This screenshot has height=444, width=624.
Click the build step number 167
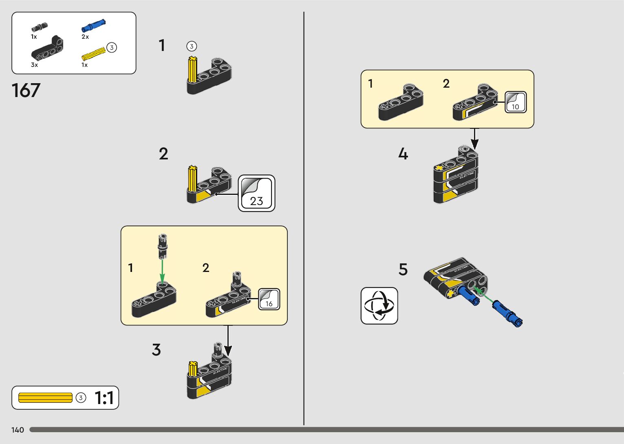coord(26,91)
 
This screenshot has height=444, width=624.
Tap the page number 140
coord(18,430)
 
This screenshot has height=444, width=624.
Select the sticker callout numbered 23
coord(256,193)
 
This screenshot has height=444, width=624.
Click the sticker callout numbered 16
coord(269,299)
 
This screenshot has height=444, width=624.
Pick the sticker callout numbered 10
coord(516,102)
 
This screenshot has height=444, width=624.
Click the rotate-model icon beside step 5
coord(379,306)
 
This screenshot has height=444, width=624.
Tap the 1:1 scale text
coord(104,398)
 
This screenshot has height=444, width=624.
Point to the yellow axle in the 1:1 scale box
coord(45,398)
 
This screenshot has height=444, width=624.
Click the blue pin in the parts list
coord(93,26)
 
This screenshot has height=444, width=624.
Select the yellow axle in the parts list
coord(93,54)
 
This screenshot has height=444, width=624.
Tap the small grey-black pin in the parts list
coord(40,27)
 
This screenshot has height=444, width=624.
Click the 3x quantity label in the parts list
coord(34,65)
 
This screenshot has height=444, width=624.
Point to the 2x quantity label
coord(85,37)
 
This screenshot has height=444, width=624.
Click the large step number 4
coord(403,154)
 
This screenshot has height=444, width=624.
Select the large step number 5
coord(403,269)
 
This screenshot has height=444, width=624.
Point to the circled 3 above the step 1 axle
coord(192,46)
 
